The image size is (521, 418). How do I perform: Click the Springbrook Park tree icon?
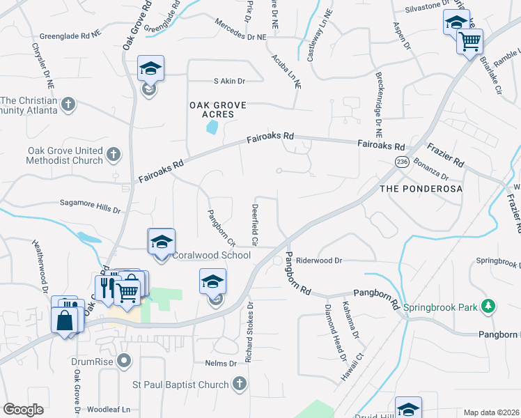489,306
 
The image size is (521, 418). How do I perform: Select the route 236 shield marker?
401,162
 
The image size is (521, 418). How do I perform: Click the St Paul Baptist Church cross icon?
238,384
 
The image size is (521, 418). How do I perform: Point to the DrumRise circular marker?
124,361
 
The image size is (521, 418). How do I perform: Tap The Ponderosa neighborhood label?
421,189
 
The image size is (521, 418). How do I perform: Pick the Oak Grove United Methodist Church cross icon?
114,153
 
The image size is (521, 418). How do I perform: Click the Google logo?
23,410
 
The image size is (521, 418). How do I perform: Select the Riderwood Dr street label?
320,261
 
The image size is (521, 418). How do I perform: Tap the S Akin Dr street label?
230,82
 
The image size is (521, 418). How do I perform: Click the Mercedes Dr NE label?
241,36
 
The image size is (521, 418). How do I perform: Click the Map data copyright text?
491,412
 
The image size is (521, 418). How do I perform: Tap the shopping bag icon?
64,320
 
